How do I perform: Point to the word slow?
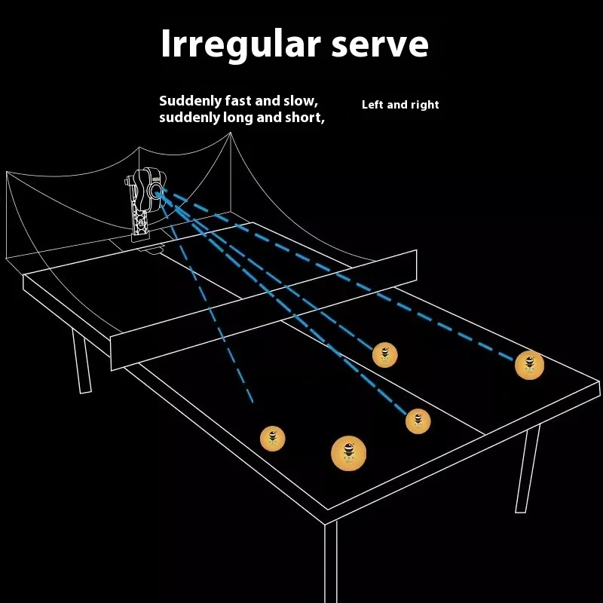click(x=300, y=100)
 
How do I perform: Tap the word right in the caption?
click(x=424, y=105)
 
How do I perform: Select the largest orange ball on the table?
click(x=348, y=451)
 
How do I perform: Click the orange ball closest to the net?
click(x=384, y=354)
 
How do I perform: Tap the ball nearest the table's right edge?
click(x=529, y=365)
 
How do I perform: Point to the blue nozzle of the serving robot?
click(x=159, y=192)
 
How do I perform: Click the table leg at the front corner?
click(x=329, y=562)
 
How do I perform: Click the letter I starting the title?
click(x=167, y=44)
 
